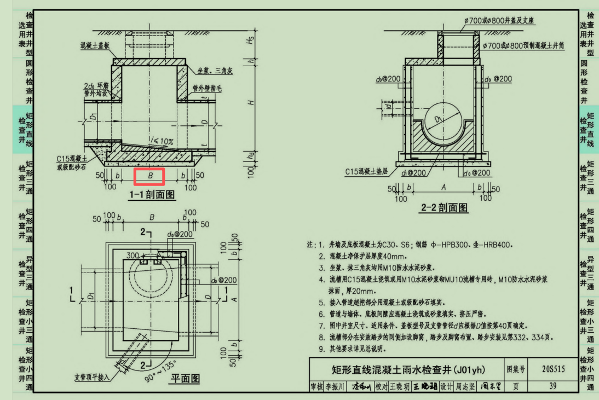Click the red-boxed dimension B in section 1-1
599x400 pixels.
(149, 176)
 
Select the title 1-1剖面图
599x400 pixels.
(152, 195)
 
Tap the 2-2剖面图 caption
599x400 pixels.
(444, 207)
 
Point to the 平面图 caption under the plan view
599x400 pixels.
(185, 378)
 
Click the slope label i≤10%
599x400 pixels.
(162, 142)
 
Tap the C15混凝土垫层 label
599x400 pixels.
(366, 171)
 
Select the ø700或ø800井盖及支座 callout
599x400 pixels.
(499, 20)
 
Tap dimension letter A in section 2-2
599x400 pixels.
(443, 187)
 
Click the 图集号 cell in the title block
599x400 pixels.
(516, 369)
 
